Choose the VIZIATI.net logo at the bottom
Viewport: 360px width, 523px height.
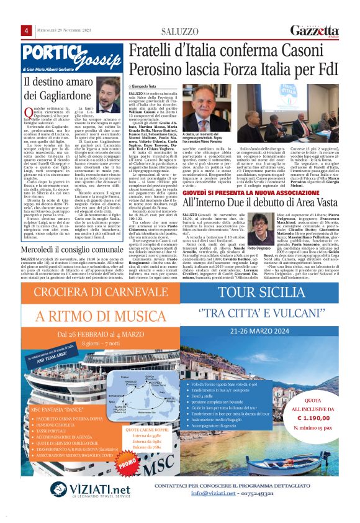coord(63,488)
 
